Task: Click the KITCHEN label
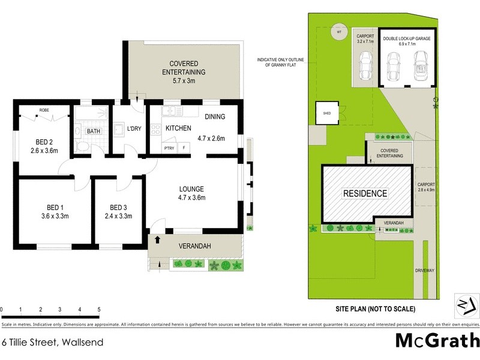point(178,128)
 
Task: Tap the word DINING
point(215,117)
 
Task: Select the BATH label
point(94,130)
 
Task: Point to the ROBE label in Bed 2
point(44,110)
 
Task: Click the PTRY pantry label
point(169,148)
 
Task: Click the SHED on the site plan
point(328,113)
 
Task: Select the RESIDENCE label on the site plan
point(365,193)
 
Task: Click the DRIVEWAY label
point(424,271)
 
